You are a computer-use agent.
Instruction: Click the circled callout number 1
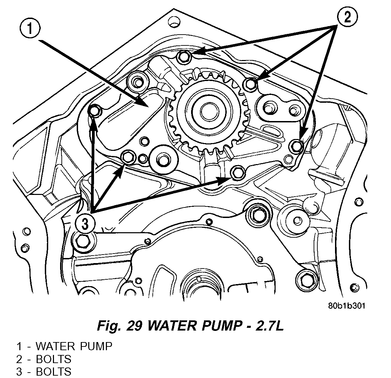pyautogui.click(x=30, y=30)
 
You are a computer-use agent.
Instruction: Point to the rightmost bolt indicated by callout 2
pyautogui.click(x=297, y=146)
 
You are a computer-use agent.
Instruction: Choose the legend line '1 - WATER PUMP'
pyautogui.click(x=64, y=346)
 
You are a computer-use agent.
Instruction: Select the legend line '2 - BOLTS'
pyautogui.click(x=44, y=359)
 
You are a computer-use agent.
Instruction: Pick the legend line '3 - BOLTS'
pyautogui.click(x=44, y=371)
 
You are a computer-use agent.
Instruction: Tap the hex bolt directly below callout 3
pyautogui.click(x=82, y=240)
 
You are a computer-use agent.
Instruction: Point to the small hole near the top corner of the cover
pyautogui.click(x=174, y=23)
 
